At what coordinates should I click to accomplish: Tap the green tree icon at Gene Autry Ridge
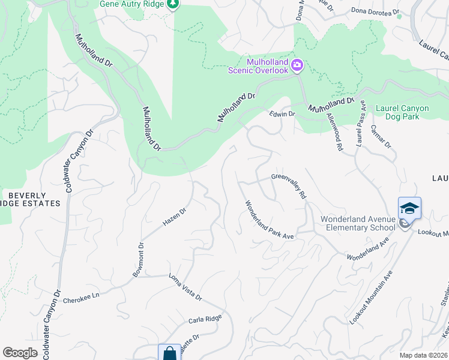[173, 5]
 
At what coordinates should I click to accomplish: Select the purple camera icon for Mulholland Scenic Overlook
[297, 64]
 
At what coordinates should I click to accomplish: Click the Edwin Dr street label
[282, 114]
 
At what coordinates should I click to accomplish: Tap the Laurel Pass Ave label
[361, 123]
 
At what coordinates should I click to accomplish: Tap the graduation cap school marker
[409, 208]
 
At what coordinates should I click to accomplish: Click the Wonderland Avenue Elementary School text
[358, 223]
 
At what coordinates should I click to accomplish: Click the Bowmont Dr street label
[139, 260]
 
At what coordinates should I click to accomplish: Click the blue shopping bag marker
[170, 353]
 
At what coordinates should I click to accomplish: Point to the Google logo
[20, 353]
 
